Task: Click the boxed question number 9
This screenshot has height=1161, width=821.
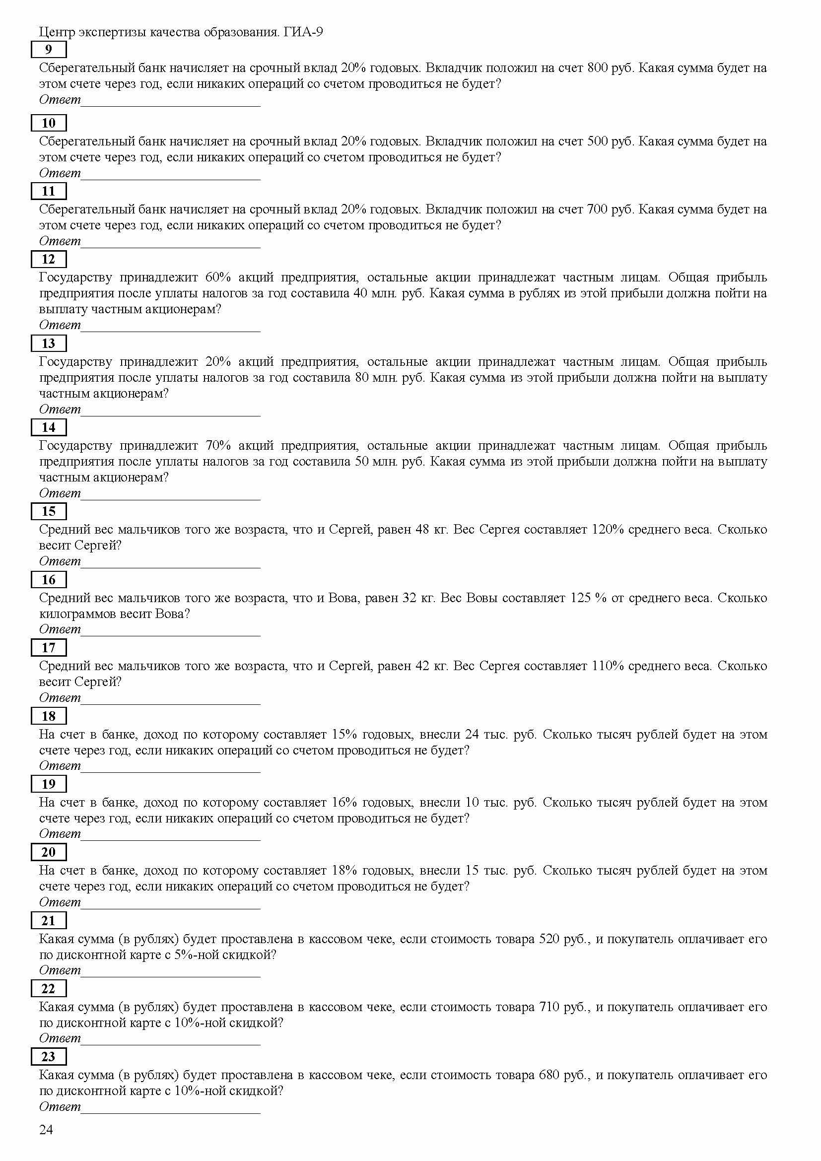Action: click(x=49, y=50)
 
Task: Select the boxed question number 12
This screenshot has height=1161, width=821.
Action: click(x=49, y=259)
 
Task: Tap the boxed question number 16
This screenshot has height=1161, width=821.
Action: click(x=49, y=579)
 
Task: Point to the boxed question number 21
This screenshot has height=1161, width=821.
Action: click(x=49, y=920)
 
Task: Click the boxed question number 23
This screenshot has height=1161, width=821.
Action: click(x=49, y=1056)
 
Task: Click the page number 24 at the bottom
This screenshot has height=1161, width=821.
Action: click(x=46, y=1129)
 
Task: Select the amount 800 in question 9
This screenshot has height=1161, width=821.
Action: click(x=597, y=68)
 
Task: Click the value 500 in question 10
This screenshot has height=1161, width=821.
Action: click(x=597, y=141)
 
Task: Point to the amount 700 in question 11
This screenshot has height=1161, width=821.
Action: click(x=597, y=209)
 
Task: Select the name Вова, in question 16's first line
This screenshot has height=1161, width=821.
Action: click(x=343, y=598)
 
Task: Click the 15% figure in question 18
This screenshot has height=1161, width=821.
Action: click(x=344, y=734)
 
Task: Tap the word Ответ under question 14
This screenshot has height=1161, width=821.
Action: click(x=60, y=493)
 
